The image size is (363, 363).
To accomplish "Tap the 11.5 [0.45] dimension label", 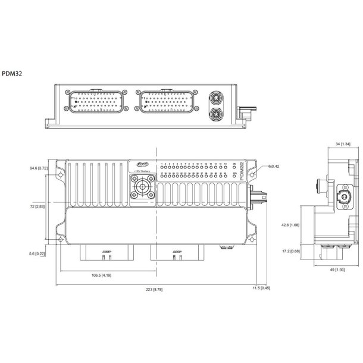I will click(261, 288).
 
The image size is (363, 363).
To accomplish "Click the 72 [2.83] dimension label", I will click(39, 206).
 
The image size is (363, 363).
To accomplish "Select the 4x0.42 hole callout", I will click(274, 167).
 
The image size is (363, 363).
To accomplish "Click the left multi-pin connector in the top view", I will click(96, 102).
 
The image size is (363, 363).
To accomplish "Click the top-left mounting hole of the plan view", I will click(60, 176).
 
